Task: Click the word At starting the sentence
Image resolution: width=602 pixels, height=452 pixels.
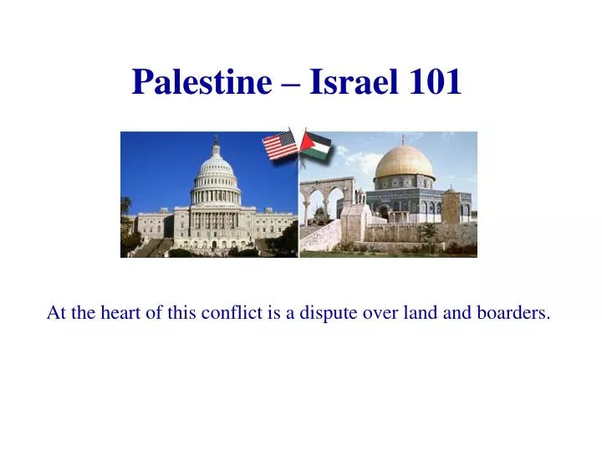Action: tap(56, 313)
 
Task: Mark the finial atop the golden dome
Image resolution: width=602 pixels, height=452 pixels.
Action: tap(403, 140)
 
